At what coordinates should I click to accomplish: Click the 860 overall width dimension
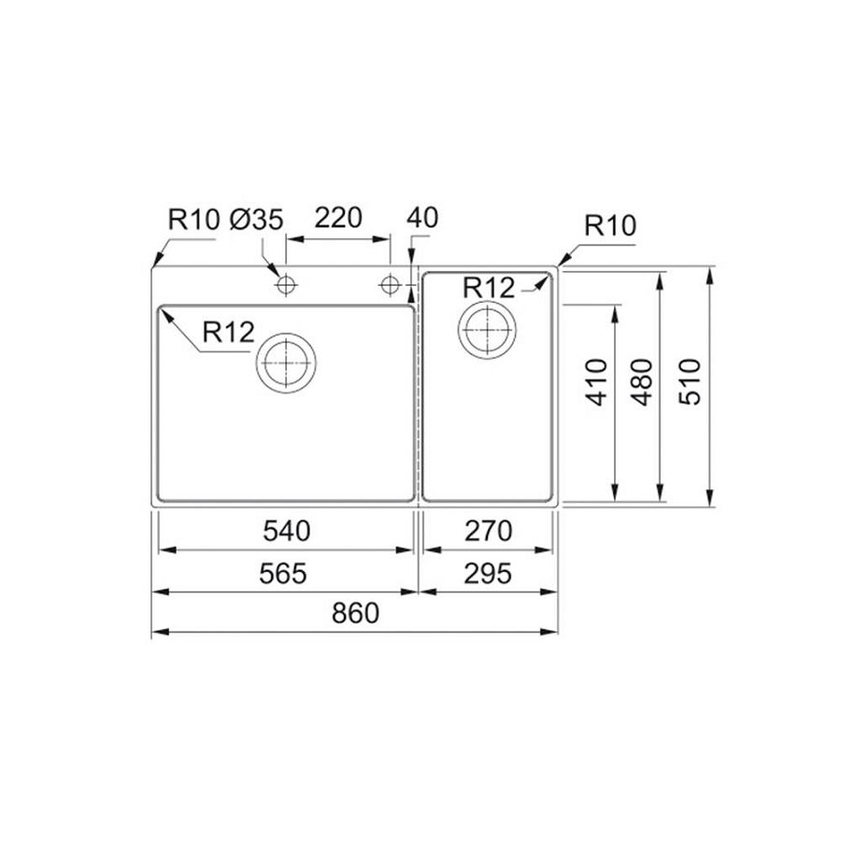355,613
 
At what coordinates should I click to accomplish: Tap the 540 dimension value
287,531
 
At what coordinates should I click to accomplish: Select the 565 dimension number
282,574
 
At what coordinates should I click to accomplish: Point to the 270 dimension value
489,531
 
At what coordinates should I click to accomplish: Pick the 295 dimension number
488,574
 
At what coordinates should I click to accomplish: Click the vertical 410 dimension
597,382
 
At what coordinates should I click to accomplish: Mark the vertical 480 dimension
641,382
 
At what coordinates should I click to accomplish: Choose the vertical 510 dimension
690,382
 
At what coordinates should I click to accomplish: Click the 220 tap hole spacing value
338,218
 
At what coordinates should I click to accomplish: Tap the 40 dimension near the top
422,218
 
